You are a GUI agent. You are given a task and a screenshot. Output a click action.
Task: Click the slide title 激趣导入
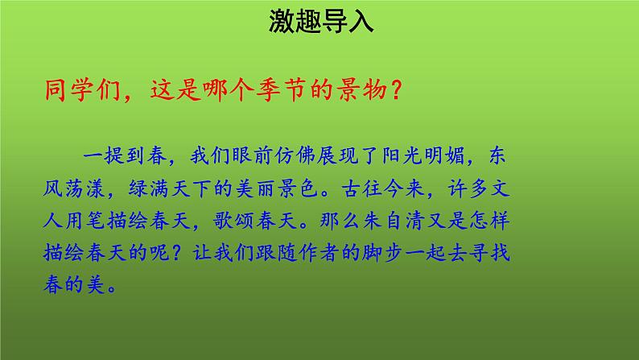tap(320, 21)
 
